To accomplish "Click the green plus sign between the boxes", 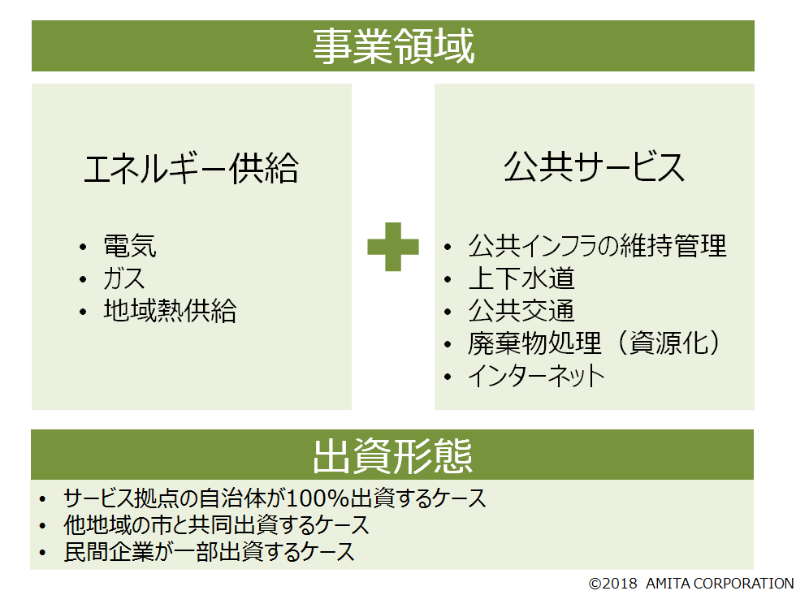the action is [393, 247].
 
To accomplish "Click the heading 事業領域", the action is [393, 46].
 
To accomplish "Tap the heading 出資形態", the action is [392, 456].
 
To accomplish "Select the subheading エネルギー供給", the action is [192, 169].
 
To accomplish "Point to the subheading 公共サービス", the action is [595, 167].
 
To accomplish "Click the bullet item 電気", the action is [130, 246].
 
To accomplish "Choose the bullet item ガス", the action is [123, 278].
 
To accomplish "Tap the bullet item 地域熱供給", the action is [171, 311].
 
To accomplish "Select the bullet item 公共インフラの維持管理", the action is [598, 246].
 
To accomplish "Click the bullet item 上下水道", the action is [521, 278].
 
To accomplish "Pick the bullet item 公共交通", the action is [521, 311].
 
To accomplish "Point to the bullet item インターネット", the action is [536, 375].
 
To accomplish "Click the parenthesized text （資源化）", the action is [668, 343].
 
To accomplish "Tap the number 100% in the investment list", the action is [318, 498].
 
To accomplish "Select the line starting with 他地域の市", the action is [217, 525].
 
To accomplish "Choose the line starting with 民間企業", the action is [210, 552].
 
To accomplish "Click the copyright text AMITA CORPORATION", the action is [720, 583].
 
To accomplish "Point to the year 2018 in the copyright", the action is [620, 584].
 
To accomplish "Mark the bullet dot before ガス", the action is [84, 279].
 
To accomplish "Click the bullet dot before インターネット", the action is [448, 377].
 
